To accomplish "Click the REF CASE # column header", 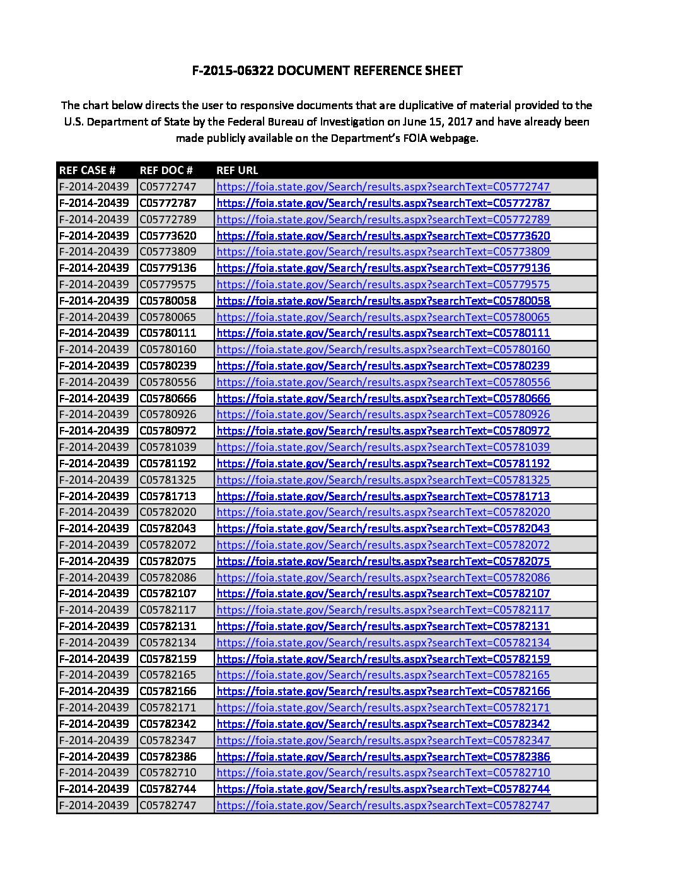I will click(87, 170).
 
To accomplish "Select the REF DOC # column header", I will click(166, 170).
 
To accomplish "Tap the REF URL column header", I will click(237, 170).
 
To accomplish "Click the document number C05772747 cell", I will click(168, 187).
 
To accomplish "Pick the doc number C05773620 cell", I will click(168, 236).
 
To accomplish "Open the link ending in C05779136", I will click(383, 268).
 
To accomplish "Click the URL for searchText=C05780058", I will click(383, 301).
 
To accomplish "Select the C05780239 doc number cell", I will click(168, 366).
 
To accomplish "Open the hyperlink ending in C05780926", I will click(383, 414).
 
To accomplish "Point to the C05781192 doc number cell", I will click(168, 464).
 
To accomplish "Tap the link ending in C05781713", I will click(383, 496).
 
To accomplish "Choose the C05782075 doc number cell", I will click(168, 561).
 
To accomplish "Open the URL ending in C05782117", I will click(383, 610).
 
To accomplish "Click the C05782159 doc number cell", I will click(168, 659).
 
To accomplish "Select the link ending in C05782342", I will click(383, 724).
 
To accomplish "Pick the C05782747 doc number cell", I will click(168, 805).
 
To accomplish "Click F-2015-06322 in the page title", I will click(233, 71).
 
